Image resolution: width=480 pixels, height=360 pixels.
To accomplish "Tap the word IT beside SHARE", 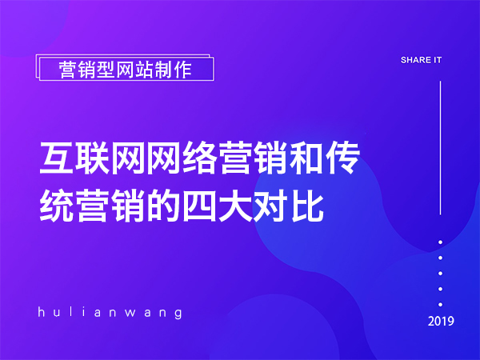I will click(x=437, y=60).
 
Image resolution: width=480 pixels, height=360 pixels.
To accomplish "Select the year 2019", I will click(x=441, y=322).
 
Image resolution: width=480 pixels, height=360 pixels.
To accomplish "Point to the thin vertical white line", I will click(x=441, y=147).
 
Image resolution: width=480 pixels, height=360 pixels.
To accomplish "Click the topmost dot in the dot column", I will click(x=441, y=242).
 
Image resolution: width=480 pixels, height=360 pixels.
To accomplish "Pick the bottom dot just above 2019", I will click(x=441, y=304).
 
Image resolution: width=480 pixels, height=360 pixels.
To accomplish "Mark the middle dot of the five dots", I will click(x=441, y=273).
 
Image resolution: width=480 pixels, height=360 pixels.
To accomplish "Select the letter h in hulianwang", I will click(x=42, y=312).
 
